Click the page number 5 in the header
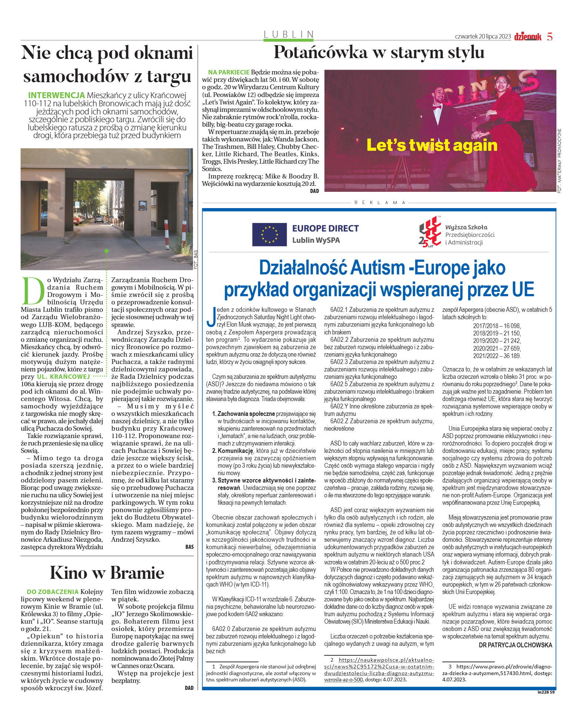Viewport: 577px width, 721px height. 550,37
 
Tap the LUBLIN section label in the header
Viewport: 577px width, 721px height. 289,34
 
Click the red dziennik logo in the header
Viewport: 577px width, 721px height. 527,36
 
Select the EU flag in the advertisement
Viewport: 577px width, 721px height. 269,234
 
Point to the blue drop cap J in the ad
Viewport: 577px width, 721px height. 211,317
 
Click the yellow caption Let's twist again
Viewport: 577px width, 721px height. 431,145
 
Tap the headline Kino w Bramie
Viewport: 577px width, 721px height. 107,573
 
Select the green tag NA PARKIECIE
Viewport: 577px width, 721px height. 229,72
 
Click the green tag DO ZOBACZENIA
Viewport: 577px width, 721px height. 53,592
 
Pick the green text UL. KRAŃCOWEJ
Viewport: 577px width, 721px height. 63,377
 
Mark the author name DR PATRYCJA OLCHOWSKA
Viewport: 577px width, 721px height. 515,645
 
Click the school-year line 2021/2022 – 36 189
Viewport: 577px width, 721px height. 497,356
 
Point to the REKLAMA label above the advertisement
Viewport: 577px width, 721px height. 380,203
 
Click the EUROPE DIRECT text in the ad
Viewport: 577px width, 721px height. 325,228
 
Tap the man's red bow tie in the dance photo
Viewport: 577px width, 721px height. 437,107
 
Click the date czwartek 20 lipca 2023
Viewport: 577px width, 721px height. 483,37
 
